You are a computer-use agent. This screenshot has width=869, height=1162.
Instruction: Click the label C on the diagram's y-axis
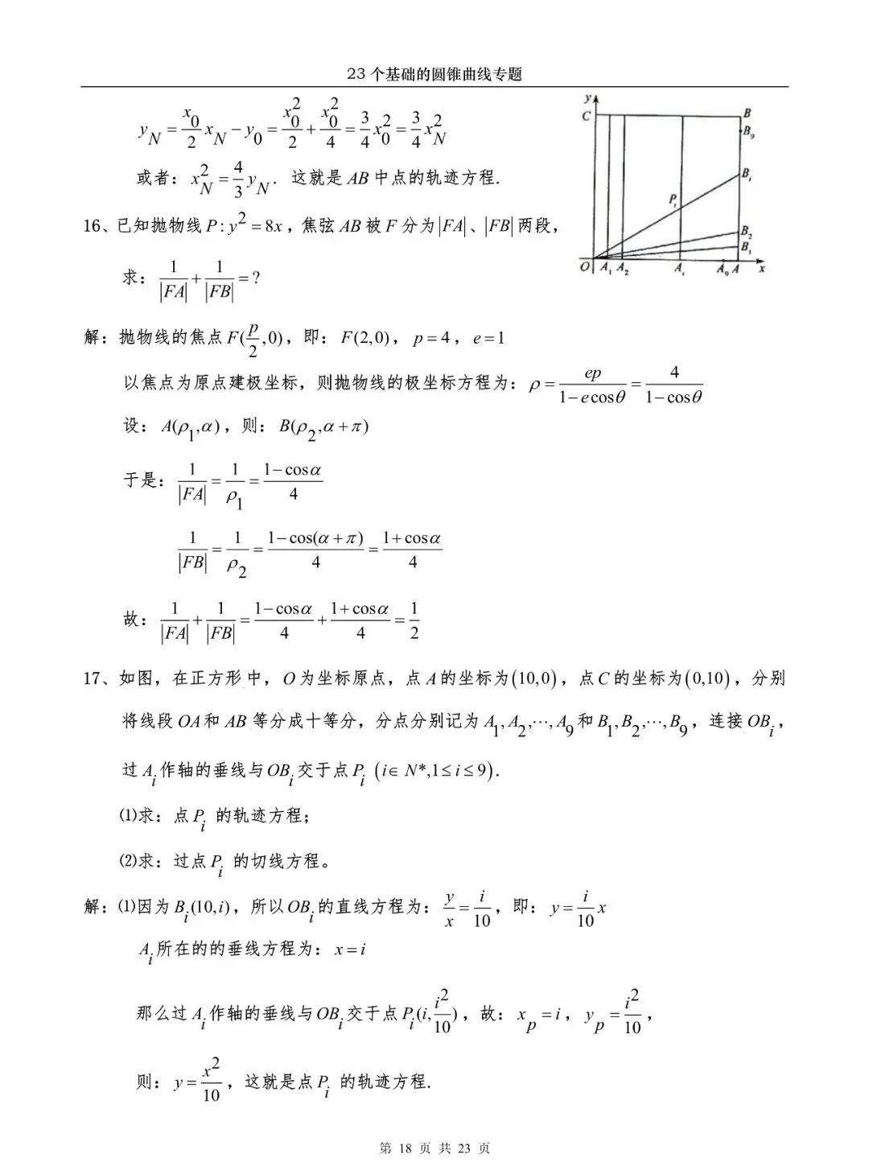click(586, 116)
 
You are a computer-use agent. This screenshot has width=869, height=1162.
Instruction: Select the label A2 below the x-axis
click(622, 270)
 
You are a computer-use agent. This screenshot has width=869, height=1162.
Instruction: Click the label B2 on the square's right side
click(747, 231)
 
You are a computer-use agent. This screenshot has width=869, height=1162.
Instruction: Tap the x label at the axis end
click(760, 267)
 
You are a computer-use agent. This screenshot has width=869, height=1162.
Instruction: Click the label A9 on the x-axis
click(723, 270)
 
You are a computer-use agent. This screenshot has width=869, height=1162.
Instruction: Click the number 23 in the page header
click(356, 74)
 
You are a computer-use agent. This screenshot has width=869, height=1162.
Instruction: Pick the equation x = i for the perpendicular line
click(351, 950)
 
